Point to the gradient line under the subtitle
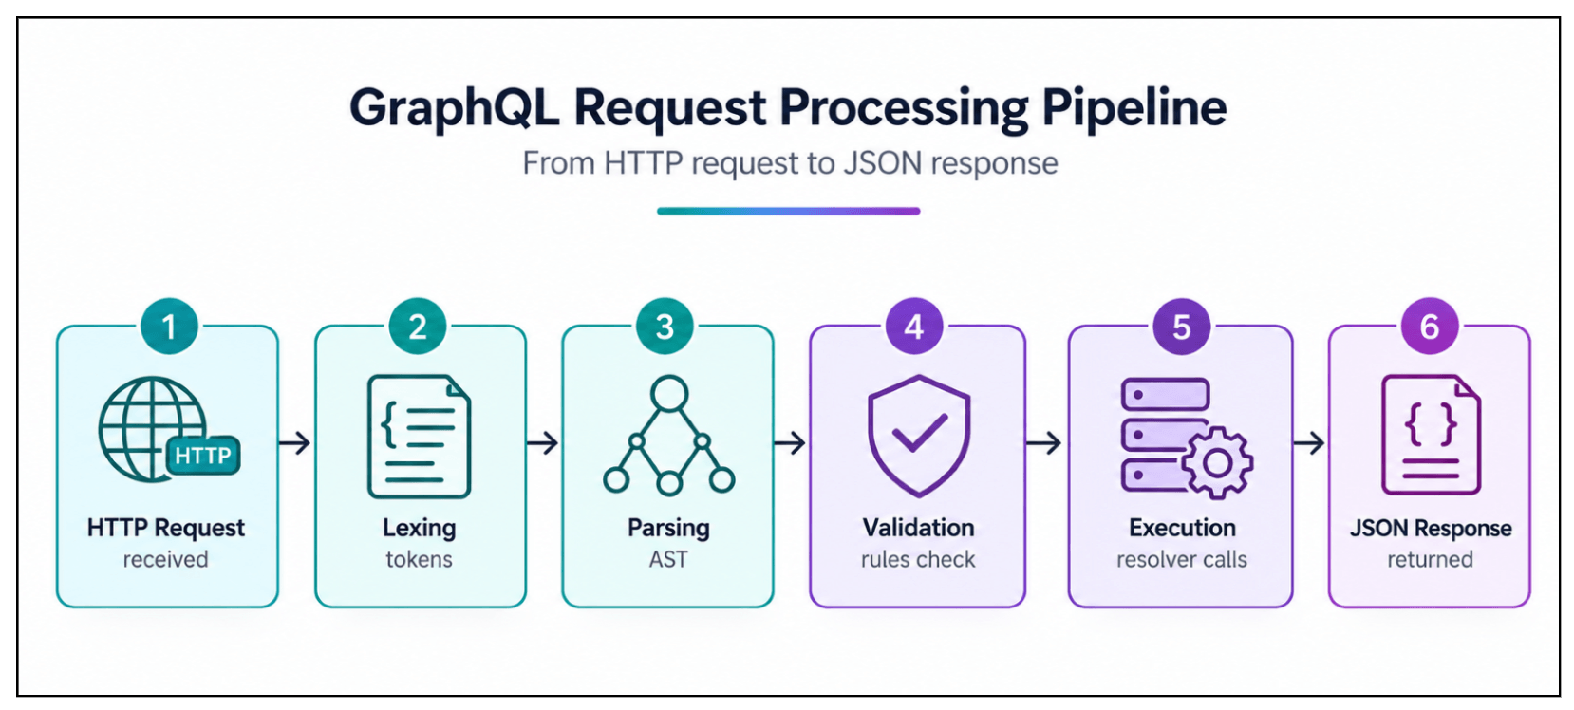tap(788, 211)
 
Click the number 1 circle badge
tap(169, 327)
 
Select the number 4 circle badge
tap(913, 327)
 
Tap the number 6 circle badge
tap(1430, 327)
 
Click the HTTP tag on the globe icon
tap(203, 456)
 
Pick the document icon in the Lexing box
tap(419, 437)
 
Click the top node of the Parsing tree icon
tap(668, 393)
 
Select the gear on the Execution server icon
tap(1217, 463)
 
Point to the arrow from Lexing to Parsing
tap(542, 443)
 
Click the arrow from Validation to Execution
tap(1043, 443)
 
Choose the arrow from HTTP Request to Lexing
tap(294, 443)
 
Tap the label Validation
tap(918, 528)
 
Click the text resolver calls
tap(1181, 559)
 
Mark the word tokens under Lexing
tap(419, 559)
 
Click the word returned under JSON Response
tap(1430, 559)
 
